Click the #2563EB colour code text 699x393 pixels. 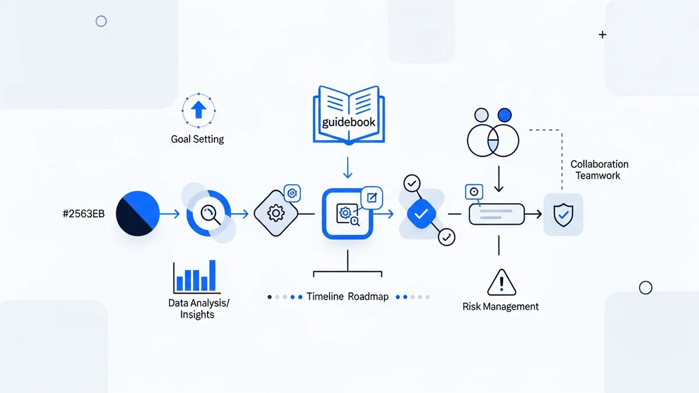[83, 214]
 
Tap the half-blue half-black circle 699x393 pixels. [138, 214]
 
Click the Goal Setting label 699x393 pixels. [197, 139]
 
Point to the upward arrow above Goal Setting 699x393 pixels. [199, 109]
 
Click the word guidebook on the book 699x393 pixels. [349, 123]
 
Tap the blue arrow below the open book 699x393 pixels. [348, 167]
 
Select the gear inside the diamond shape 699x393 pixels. [276, 214]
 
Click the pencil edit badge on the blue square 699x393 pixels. [372, 198]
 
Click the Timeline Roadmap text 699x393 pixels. [348, 296]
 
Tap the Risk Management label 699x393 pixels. [500, 306]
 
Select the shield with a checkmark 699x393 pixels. [563, 214]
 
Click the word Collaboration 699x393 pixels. [599, 165]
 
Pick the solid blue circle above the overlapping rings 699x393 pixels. [505, 114]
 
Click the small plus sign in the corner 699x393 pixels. [602, 35]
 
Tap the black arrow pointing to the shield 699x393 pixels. [532, 214]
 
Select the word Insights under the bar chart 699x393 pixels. [197, 315]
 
